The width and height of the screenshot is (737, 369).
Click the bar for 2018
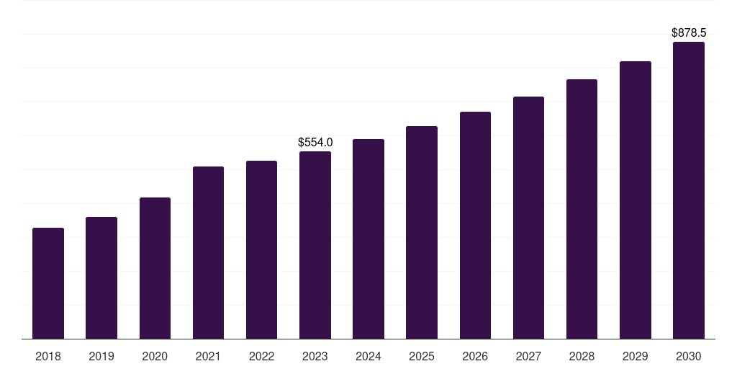(x=48, y=283)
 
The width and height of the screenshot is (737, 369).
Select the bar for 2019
(x=101, y=278)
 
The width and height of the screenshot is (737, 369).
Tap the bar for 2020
(x=155, y=268)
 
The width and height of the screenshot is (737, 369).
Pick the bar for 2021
(x=208, y=253)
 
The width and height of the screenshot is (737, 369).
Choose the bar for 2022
(x=261, y=250)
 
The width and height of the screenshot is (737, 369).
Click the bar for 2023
(x=315, y=245)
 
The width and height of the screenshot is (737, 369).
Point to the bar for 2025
(x=422, y=233)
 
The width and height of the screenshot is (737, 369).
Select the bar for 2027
(x=528, y=218)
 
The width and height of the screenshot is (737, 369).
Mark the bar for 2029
(x=636, y=200)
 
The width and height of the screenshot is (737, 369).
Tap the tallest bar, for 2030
(x=689, y=190)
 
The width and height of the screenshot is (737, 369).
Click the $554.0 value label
(x=315, y=143)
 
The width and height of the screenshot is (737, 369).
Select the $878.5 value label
(x=689, y=33)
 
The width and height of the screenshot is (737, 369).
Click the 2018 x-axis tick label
(x=48, y=356)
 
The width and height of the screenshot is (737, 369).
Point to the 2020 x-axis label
(x=155, y=356)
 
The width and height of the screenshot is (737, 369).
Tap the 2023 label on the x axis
(x=315, y=356)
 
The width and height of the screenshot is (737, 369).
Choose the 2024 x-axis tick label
(x=368, y=356)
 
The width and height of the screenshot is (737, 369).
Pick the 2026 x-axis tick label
(x=475, y=356)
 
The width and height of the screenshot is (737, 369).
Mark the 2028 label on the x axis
(x=582, y=356)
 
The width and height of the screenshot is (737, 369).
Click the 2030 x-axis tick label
(x=689, y=356)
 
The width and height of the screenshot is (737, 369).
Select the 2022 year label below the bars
(x=261, y=356)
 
